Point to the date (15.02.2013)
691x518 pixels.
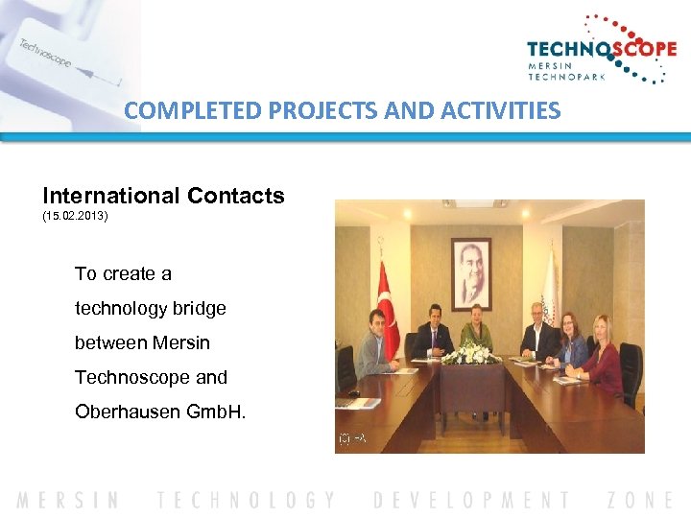coord(76,217)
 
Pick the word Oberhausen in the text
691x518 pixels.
coord(123,412)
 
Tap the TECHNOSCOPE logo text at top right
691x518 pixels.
coord(601,49)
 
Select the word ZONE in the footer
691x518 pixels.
coord(640,500)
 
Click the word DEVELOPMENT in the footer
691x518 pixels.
coord(470,500)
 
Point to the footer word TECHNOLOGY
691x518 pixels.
coord(247,500)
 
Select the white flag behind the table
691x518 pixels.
coord(550,288)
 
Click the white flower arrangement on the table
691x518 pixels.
coord(471,354)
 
